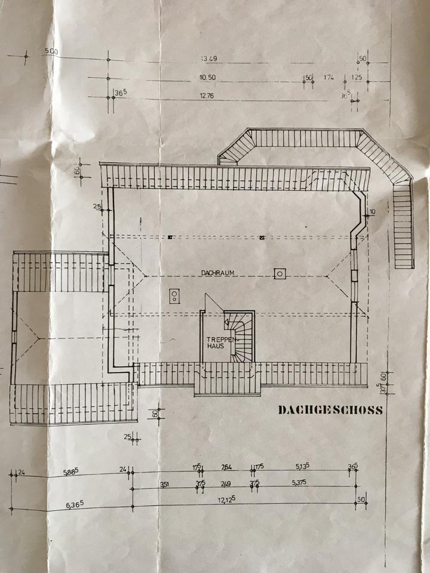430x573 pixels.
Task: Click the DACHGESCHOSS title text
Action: [330, 410]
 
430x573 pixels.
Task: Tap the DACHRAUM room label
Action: [217, 272]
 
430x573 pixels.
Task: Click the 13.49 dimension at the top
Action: [208, 58]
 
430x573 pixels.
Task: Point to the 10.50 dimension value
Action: [207, 78]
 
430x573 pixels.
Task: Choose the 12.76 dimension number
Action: [207, 95]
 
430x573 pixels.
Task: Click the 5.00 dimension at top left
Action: [51, 52]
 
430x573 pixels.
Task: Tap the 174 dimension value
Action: [328, 78]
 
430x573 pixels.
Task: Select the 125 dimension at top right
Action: [357, 78]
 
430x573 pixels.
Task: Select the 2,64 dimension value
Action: [227, 467]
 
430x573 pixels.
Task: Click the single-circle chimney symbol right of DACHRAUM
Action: [279, 273]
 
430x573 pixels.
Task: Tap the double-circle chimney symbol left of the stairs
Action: [174, 295]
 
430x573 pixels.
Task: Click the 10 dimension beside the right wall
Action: [371, 211]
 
